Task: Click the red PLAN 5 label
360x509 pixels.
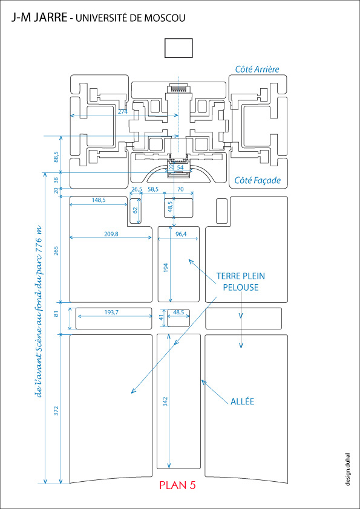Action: [x=177, y=485]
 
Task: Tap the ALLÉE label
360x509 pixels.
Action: [x=242, y=401]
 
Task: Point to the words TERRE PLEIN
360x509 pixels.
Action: [x=240, y=276]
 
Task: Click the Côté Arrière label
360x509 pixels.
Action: [x=257, y=69]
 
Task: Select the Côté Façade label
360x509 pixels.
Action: [x=258, y=181]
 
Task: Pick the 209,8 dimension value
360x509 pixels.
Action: [x=111, y=234]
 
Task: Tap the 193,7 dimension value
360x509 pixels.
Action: [x=111, y=313]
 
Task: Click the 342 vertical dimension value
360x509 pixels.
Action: [x=165, y=402]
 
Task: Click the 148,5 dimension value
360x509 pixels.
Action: [x=99, y=200]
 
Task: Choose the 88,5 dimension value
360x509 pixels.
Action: [x=56, y=157]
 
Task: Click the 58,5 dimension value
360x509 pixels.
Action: [x=152, y=189]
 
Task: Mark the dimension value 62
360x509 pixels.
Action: [x=136, y=210]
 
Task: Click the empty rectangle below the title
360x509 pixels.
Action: [x=178, y=48]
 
